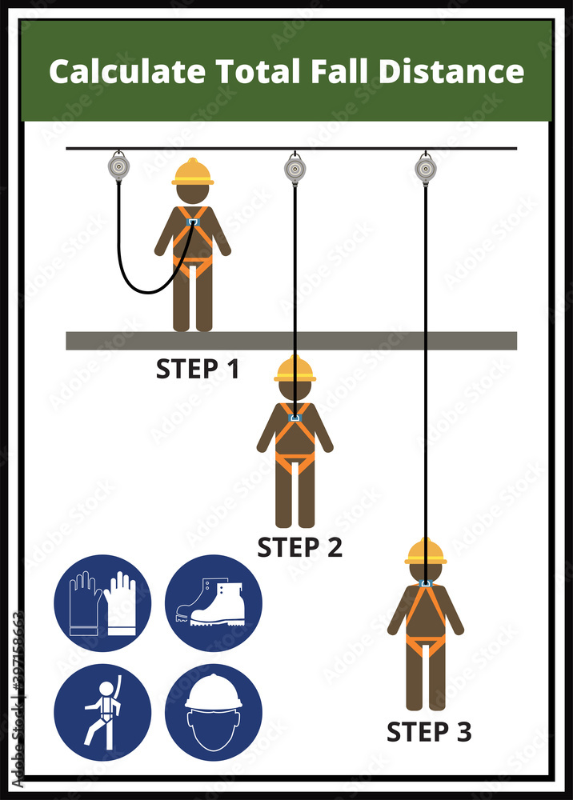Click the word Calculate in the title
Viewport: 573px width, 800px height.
126,72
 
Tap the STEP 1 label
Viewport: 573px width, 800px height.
197,369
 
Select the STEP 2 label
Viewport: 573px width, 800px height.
299,547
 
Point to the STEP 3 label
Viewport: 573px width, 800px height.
429,730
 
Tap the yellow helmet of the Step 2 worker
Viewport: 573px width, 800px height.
295,369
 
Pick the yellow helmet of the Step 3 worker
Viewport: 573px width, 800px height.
425,552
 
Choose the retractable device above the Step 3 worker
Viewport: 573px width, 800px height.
425,168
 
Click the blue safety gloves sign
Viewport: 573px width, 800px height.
102,603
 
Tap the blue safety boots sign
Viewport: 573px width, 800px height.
213,603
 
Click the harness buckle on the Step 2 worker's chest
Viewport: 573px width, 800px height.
295,418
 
